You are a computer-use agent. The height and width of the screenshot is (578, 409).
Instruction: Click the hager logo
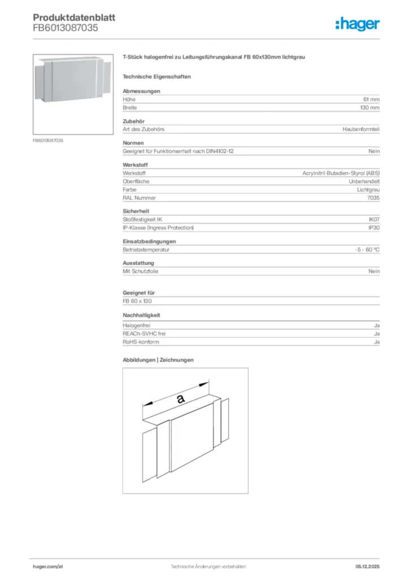point(357,24)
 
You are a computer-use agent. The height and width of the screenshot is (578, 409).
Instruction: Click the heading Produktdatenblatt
point(74,17)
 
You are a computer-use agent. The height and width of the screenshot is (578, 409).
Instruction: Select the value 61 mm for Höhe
point(371,99)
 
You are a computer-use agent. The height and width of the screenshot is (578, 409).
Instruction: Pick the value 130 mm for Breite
point(370,107)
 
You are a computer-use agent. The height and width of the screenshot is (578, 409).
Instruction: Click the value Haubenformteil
point(361,129)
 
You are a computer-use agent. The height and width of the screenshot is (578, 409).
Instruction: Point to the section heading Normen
point(133,143)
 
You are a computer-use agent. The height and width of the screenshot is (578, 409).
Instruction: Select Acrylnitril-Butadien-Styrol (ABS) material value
point(341,173)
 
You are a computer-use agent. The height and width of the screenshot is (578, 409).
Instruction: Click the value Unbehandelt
point(364,181)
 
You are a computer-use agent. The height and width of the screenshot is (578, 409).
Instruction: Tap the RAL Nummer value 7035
point(373,198)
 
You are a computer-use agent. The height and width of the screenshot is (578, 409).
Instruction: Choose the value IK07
point(374,219)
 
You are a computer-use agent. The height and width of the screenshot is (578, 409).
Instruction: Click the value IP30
point(374,227)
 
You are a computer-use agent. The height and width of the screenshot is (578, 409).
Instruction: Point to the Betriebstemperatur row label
point(146,249)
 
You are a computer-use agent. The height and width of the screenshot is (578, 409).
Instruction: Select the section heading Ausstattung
point(138,263)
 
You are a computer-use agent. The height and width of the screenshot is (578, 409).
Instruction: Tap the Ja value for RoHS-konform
point(376,342)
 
